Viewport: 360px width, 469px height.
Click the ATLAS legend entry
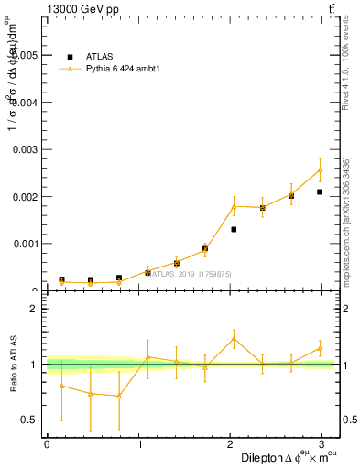100,56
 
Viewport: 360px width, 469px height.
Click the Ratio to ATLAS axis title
13,365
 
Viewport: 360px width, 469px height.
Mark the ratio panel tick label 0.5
31,420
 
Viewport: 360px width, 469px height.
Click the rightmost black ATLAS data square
320,191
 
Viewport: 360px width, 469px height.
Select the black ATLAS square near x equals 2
234,229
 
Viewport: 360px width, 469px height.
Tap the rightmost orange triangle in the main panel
320,169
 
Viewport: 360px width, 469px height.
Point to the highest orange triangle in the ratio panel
234,339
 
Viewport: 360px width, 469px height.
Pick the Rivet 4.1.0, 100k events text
347,69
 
